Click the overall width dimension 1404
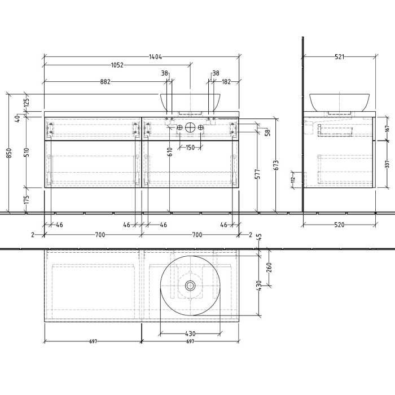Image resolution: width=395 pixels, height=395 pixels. pos(156,56)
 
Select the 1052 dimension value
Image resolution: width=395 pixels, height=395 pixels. pos(116,65)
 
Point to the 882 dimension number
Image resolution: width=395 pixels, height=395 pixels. pos(106,82)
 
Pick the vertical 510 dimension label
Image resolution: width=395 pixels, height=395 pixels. pos(27,152)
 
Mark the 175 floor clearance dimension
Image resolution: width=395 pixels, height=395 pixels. pos(27,200)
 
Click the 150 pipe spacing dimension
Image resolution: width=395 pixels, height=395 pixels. pos(190,148)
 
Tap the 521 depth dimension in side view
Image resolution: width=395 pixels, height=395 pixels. pos(339,56)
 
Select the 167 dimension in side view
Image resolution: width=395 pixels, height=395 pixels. pos(387,128)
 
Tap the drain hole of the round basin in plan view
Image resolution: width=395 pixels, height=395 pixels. pos(190,286)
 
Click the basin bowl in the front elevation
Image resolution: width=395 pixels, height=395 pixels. pos(190,102)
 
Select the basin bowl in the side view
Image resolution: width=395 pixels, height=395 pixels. pos(339,102)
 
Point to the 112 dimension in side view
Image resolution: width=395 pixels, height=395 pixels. pos(293,180)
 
